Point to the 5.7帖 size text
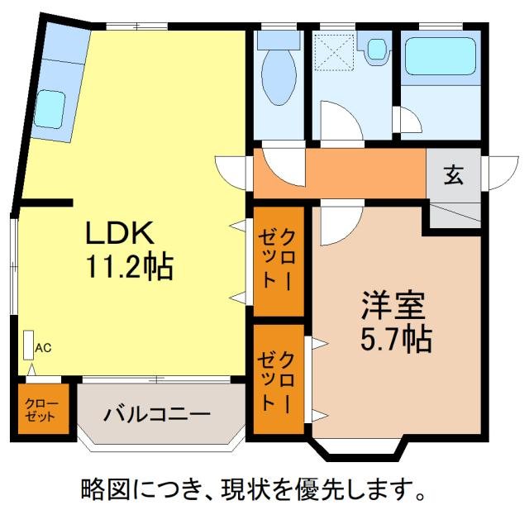click(x=394, y=338)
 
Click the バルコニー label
click(x=157, y=414)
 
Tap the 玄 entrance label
click(x=453, y=175)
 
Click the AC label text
click(x=43, y=348)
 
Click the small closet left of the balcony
click(x=41, y=409)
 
